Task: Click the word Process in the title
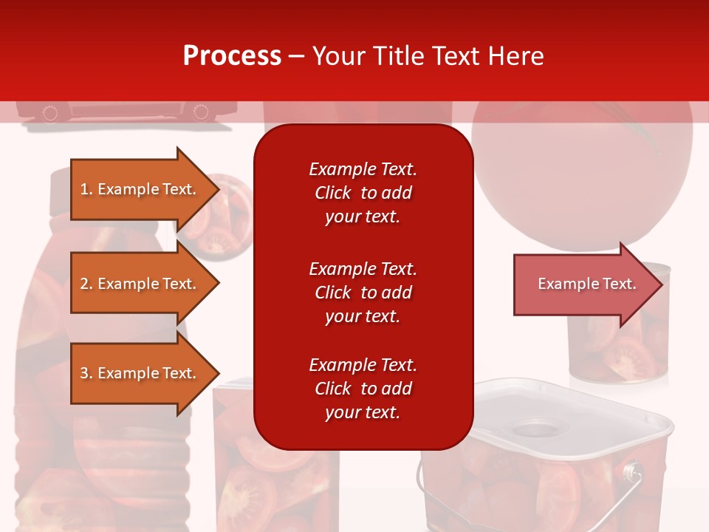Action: click(232, 56)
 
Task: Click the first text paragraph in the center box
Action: click(363, 193)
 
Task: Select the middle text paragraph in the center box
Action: click(363, 293)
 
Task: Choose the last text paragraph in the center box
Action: click(363, 389)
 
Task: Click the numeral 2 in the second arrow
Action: click(84, 284)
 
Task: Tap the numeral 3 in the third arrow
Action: click(84, 373)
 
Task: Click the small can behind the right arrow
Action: click(619, 347)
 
